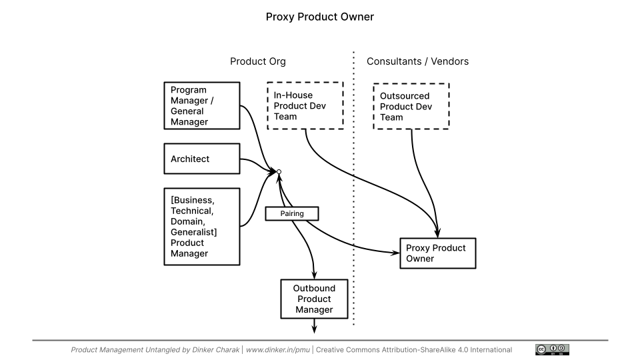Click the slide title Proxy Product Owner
[x=320, y=17]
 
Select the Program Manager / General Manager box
[x=202, y=106]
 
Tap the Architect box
[x=202, y=159]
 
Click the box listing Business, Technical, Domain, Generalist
[x=202, y=227]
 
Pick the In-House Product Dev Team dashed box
[x=305, y=106]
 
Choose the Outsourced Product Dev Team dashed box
[x=411, y=106]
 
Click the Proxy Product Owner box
[x=437, y=253]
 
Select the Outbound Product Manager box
[x=314, y=299]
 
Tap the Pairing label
[x=292, y=213]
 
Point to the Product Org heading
[x=258, y=61]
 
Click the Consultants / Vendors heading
[x=417, y=61]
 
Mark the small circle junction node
[x=279, y=172]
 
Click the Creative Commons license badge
[x=552, y=349]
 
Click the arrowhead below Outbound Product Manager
[x=314, y=327]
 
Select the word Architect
[x=190, y=159]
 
